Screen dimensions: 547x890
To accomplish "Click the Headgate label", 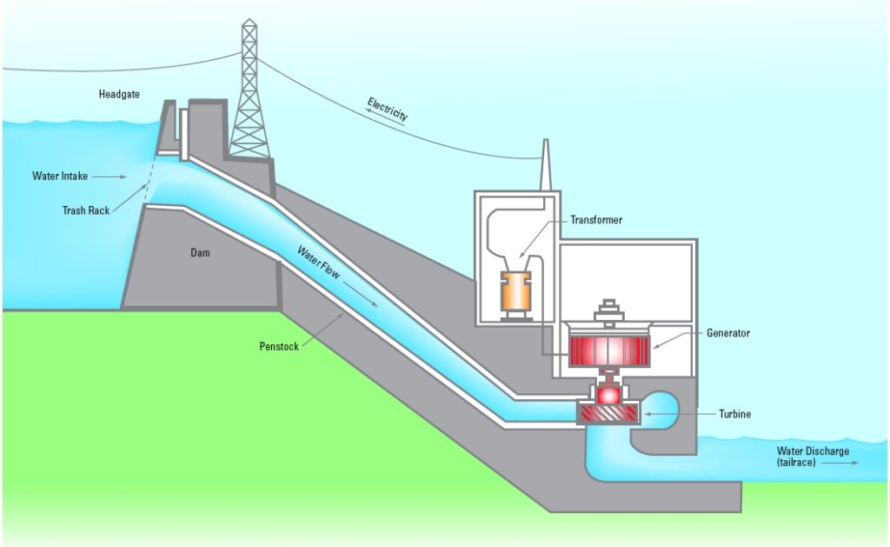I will (119, 94).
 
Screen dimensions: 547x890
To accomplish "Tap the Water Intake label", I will (60, 176).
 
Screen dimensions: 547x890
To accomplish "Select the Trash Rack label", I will (86, 210).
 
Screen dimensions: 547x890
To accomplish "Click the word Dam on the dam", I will (201, 253).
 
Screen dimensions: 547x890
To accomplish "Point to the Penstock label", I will (278, 346).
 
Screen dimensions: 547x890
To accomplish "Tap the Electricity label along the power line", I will (388, 109).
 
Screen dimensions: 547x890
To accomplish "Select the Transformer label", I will (596, 220).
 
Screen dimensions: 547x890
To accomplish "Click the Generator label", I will (727, 333).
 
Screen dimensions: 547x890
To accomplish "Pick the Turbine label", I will (734, 414).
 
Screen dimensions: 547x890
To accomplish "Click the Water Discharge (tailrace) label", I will (813, 457).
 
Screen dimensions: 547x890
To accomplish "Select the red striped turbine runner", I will (608, 414).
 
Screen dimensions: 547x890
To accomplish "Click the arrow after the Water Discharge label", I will (843, 464).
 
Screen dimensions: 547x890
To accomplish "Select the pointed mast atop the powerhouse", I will (544, 165).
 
